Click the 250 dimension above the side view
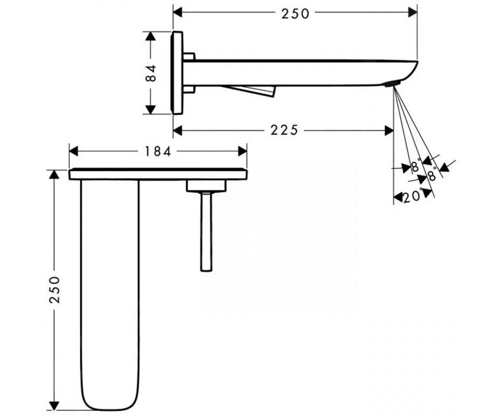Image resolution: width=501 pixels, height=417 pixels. point(295,13)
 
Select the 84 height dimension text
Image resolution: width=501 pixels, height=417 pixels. point(151,73)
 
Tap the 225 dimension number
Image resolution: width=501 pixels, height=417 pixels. point(284,130)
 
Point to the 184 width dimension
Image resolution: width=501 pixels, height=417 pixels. point(158,151)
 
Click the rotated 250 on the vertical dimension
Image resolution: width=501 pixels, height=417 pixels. point(54,290)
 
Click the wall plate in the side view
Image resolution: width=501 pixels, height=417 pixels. point(177,73)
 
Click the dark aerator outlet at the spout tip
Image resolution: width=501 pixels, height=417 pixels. point(391,84)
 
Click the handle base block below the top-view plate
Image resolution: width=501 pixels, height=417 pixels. point(206,186)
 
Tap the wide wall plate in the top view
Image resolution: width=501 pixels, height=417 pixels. point(158,174)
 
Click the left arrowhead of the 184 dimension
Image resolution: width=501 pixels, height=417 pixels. point(73,151)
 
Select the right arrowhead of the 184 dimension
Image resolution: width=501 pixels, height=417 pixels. point(243,151)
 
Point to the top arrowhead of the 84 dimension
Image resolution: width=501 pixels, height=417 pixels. point(151,36)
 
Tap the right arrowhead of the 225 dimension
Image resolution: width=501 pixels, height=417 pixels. point(389,130)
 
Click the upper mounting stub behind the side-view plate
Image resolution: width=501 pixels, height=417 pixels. point(189,56)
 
